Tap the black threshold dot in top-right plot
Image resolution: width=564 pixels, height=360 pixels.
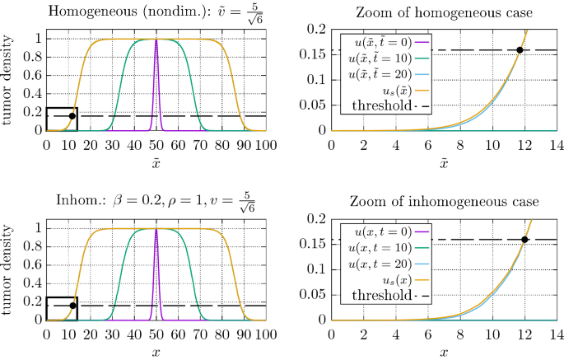click(x=520, y=50)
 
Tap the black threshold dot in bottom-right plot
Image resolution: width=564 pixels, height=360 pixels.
click(x=524, y=240)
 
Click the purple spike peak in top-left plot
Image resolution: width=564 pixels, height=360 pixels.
click(x=156, y=40)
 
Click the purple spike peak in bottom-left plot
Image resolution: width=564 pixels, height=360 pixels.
click(x=156, y=229)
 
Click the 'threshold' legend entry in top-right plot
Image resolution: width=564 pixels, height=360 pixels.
click(x=386, y=106)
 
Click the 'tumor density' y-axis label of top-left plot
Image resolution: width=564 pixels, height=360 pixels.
click(x=9, y=82)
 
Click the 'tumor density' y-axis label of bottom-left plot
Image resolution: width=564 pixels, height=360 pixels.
click(x=9, y=271)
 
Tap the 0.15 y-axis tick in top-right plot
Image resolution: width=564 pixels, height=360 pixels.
click(x=314, y=54)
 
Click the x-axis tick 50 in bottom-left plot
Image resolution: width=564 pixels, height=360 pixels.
click(x=156, y=334)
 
